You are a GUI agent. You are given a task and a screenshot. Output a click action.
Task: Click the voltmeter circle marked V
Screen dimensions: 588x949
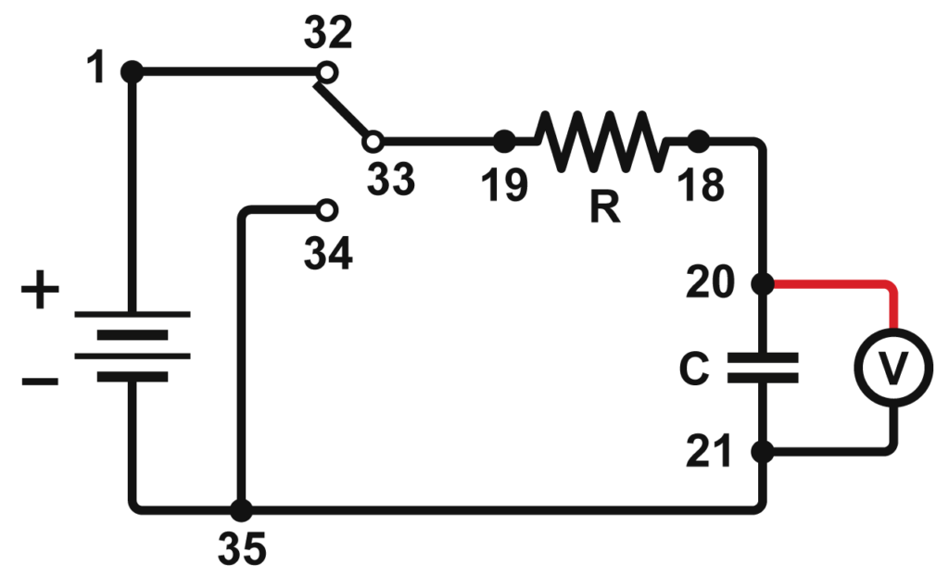893,368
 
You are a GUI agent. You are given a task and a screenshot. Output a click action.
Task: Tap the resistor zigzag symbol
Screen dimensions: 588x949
601,142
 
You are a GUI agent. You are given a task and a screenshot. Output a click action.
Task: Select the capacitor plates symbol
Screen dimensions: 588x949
763,368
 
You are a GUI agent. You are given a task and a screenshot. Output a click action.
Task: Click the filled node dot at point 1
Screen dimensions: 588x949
133,70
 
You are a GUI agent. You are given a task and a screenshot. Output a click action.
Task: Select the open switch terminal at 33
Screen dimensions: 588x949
373,142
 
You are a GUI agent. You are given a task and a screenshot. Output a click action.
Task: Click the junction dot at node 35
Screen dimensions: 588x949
241,508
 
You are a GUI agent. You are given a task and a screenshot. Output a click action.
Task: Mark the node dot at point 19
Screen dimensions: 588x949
504,142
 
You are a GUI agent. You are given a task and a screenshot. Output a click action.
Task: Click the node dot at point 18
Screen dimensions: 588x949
698,142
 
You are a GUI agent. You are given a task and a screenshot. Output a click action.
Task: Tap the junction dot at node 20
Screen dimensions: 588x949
763,284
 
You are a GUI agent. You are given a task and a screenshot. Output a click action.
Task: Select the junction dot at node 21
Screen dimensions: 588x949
763,452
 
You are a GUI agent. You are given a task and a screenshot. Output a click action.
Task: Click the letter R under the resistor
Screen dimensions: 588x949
604,208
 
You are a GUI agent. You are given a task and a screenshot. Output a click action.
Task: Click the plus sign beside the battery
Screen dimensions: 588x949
39,294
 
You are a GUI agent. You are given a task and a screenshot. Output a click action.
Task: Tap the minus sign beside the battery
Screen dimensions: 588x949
39,381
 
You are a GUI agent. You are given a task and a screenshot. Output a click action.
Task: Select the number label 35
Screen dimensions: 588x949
242,550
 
